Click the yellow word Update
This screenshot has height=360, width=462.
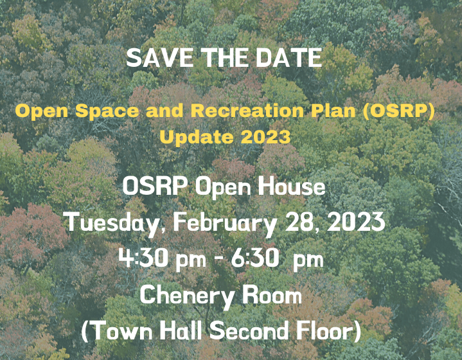(x=191, y=136)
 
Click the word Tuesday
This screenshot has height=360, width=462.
(x=117, y=223)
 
